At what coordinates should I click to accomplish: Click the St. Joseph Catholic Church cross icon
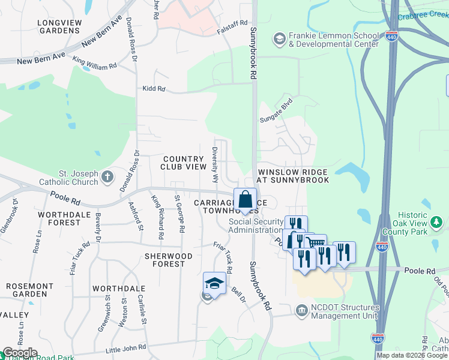[x=107, y=176]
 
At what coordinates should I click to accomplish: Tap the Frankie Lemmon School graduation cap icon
[x=279, y=39]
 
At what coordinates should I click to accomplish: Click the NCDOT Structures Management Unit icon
[x=302, y=310]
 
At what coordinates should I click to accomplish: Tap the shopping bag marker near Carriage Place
[x=245, y=200]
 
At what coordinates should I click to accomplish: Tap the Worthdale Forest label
[x=59, y=218]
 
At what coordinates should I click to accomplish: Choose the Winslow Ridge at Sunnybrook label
[x=293, y=176]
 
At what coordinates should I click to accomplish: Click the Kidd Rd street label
[x=153, y=89]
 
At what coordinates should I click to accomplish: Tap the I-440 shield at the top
[x=392, y=36]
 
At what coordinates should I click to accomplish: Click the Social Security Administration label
[x=256, y=226]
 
